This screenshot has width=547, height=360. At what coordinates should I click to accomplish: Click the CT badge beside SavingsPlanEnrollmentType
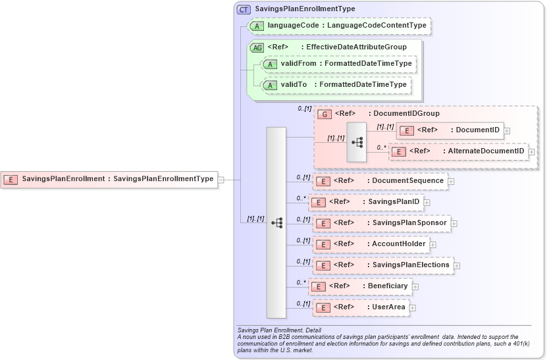click(x=244, y=9)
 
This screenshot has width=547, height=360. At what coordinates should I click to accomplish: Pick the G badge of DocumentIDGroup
click(x=324, y=114)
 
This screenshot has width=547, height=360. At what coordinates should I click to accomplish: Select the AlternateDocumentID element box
click(x=458, y=151)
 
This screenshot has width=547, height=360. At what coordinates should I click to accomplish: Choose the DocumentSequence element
click(x=380, y=181)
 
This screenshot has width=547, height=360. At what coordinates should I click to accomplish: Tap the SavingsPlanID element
click(x=365, y=202)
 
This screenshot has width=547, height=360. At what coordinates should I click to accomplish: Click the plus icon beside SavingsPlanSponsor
click(x=454, y=223)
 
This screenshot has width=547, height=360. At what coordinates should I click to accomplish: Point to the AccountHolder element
click(x=371, y=244)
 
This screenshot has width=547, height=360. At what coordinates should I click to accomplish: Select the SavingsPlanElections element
click(x=382, y=265)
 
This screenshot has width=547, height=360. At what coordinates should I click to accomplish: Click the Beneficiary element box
click(x=360, y=286)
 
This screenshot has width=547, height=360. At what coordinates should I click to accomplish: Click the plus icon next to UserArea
click(x=413, y=307)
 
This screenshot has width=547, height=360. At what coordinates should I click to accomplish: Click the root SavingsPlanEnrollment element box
click(x=109, y=178)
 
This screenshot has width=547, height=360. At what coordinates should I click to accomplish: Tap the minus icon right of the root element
click(x=221, y=178)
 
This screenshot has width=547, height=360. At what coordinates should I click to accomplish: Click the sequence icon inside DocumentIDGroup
click(x=357, y=141)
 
